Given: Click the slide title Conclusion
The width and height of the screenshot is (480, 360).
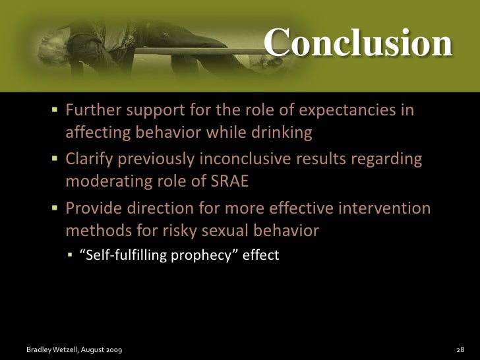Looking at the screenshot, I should point(358,44).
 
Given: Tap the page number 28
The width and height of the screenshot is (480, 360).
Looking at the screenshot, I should point(461,347).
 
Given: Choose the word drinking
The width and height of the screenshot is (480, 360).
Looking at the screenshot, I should point(281,133).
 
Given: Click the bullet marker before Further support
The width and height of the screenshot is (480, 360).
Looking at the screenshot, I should point(55,109).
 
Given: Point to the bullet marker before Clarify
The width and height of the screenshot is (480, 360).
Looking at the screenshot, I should point(55,159).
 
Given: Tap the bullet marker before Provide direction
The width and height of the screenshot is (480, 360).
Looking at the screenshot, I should point(55,209).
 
